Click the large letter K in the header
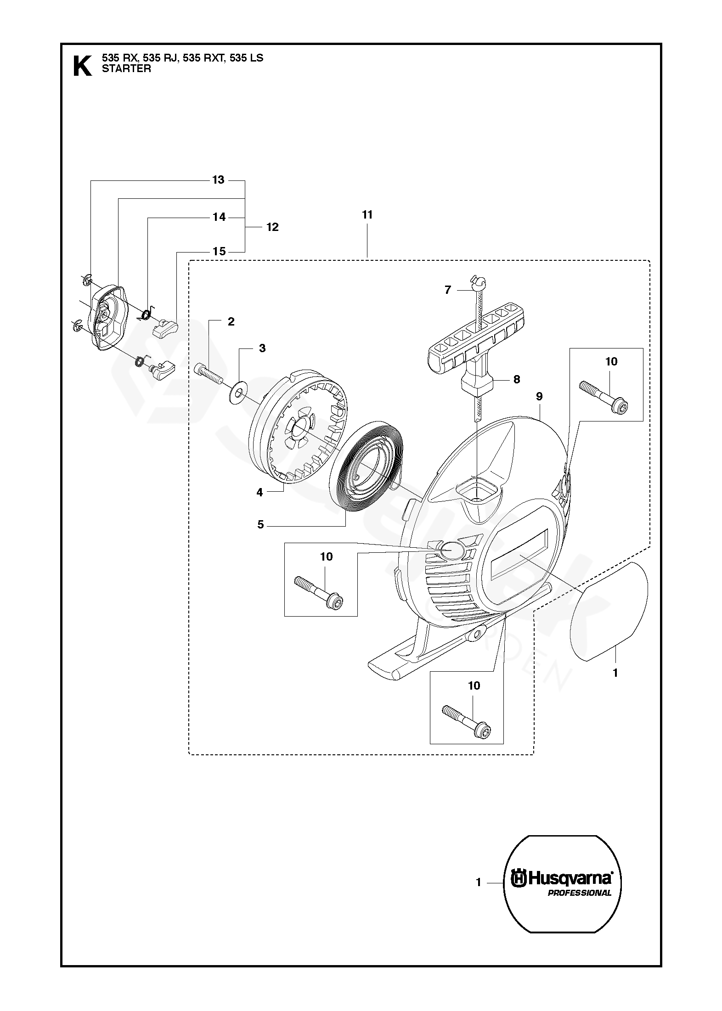pyautogui.click(x=82, y=66)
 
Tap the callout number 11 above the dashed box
pyautogui.click(x=367, y=215)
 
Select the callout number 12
pyautogui.click(x=272, y=227)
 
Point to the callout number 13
pyautogui.click(x=218, y=180)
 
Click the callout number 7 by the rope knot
pyautogui.click(x=448, y=290)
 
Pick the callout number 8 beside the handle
pyautogui.click(x=517, y=379)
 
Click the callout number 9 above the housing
pyautogui.click(x=539, y=396)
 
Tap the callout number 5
pyautogui.click(x=260, y=524)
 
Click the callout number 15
pyautogui.click(x=220, y=251)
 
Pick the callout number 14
pyautogui.click(x=220, y=217)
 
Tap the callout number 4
pyautogui.click(x=259, y=493)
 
